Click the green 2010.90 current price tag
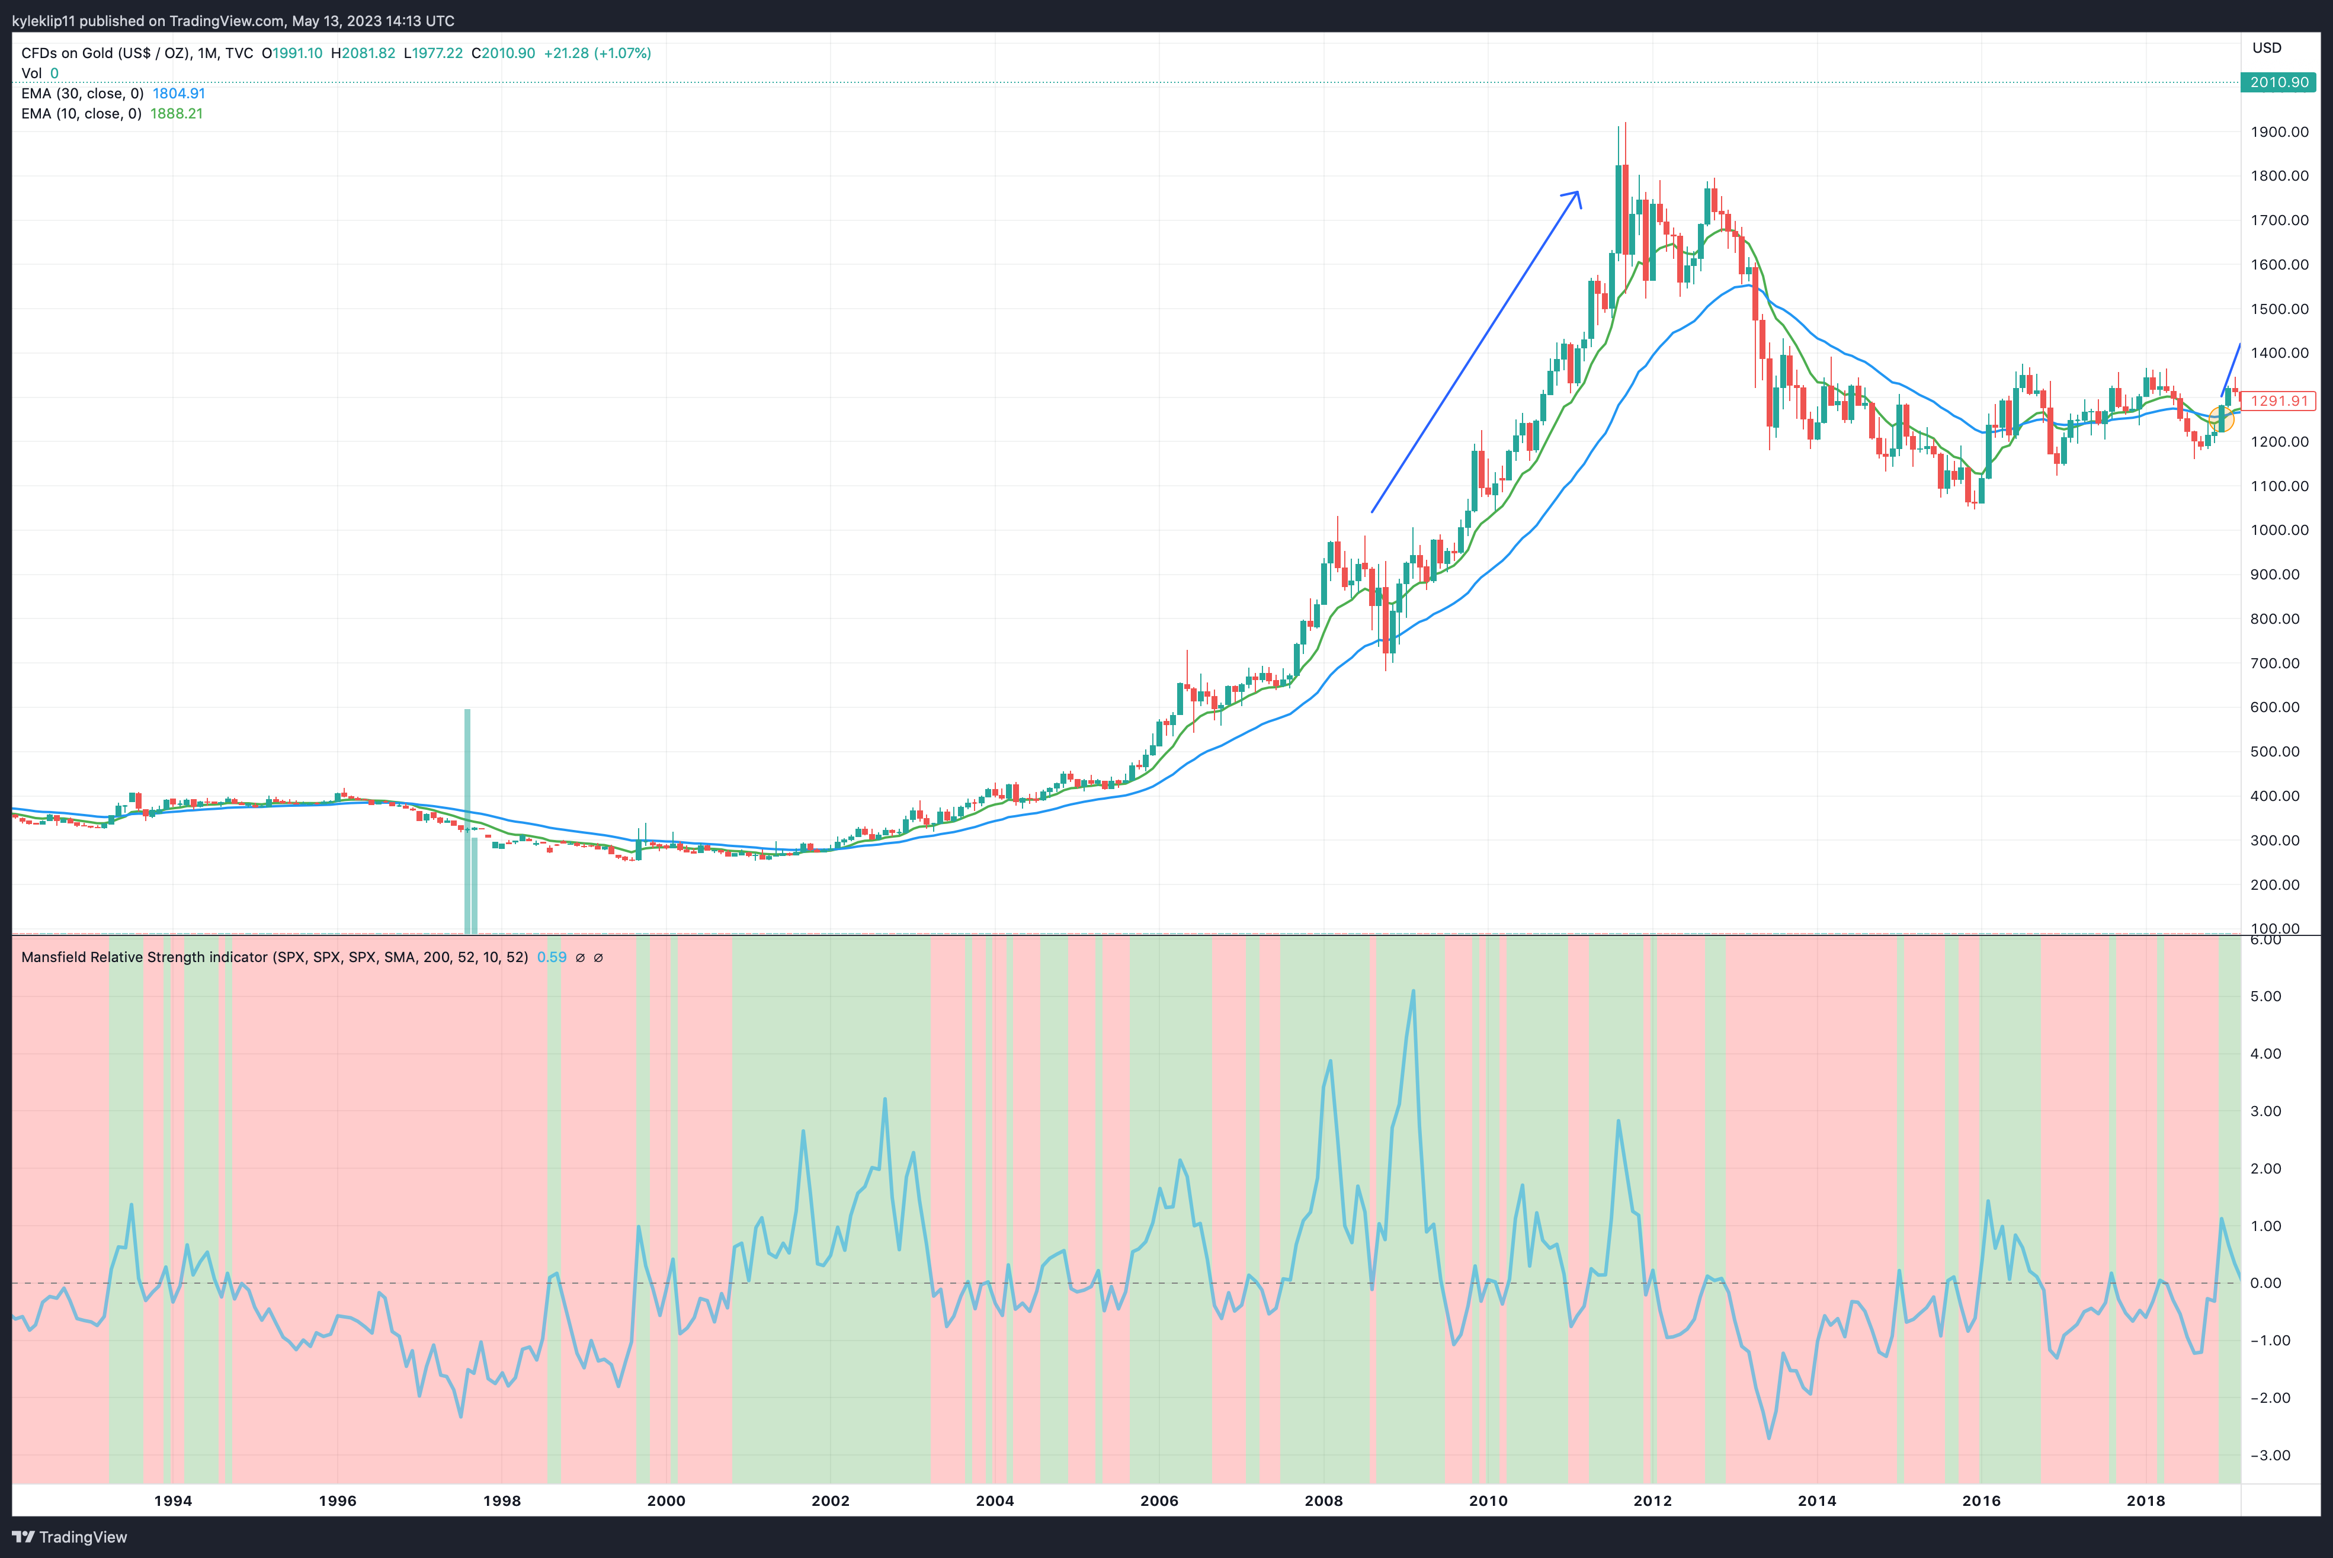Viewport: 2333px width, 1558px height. click(x=2278, y=82)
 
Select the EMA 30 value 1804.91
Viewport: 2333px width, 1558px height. click(x=179, y=94)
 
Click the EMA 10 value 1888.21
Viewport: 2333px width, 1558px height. click(x=177, y=113)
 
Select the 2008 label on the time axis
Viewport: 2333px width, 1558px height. click(x=1323, y=1501)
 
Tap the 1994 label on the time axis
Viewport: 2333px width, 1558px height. click(x=173, y=1501)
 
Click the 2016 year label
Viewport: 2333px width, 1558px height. click(x=1981, y=1501)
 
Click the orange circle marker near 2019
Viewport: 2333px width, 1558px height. click(x=2222, y=418)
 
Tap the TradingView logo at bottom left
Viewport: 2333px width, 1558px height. click(x=69, y=1537)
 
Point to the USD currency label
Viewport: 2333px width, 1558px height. click(x=2267, y=48)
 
